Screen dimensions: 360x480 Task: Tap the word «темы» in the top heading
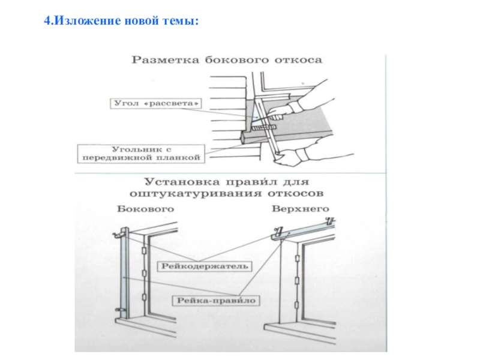pos(180,22)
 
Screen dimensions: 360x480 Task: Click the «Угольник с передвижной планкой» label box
pos(142,152)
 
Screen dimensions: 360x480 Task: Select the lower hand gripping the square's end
pos(293,157)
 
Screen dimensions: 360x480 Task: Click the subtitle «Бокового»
pos(145,209)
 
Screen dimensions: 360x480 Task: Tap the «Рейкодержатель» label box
pos(204,265)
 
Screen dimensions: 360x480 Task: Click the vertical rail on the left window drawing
pos(124,270)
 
